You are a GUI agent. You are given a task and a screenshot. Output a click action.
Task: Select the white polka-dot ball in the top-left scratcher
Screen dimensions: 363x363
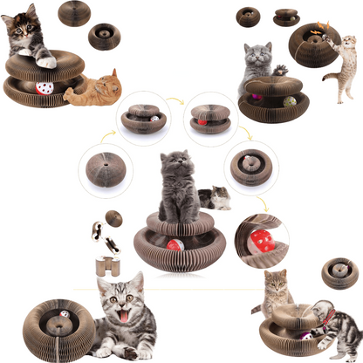point(45,87)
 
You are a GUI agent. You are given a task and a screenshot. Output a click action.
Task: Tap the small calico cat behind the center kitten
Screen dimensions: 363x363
point(215,197)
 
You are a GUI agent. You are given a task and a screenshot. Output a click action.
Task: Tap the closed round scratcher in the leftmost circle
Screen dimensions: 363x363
point(104,167)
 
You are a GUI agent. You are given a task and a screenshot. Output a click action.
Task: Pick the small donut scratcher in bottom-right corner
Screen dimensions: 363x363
point(339,273)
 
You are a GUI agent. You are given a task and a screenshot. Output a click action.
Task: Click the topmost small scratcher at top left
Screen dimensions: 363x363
point(74,13)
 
